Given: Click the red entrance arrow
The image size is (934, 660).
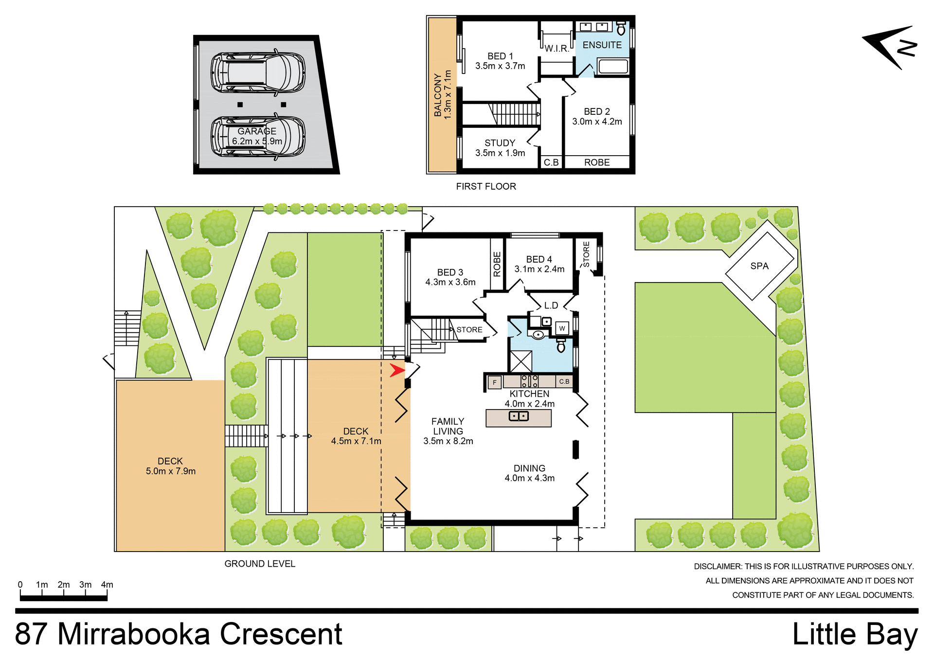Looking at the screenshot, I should tap(397, 371).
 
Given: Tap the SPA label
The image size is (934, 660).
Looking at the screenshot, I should tap(759, 266).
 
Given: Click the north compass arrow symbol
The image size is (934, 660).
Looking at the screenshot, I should tap(890, 47).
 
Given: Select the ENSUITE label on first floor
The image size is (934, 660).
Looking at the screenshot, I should tap(602, 45).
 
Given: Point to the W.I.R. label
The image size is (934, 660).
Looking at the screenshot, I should tap(557, 49).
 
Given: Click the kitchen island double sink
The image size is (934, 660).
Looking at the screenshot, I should tap(519, 416).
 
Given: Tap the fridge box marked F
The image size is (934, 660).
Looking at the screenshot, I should tap(494, 382).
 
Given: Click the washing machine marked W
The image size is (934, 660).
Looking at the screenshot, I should tap(562, 329).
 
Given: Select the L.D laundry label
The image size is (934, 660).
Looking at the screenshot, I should tap(551, 305).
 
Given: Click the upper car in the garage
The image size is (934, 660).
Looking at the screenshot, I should tap(258, 72).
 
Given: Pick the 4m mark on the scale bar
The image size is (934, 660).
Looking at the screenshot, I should tap(107, 585).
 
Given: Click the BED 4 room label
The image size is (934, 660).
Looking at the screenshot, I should tap(539, 260).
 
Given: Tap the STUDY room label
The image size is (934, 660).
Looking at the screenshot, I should tap(500, 143).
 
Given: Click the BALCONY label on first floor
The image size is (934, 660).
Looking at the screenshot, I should tap(438, 95).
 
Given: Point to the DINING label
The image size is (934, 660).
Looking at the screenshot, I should tap(529, 468).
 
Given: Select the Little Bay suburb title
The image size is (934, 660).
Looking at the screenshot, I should tap(855, 634).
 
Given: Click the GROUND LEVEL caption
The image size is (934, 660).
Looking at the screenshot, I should tap(260, 564).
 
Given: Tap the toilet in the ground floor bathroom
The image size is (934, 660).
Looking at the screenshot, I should tap(561, 346).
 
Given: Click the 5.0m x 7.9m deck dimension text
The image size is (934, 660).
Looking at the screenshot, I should tap(170, 471).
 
